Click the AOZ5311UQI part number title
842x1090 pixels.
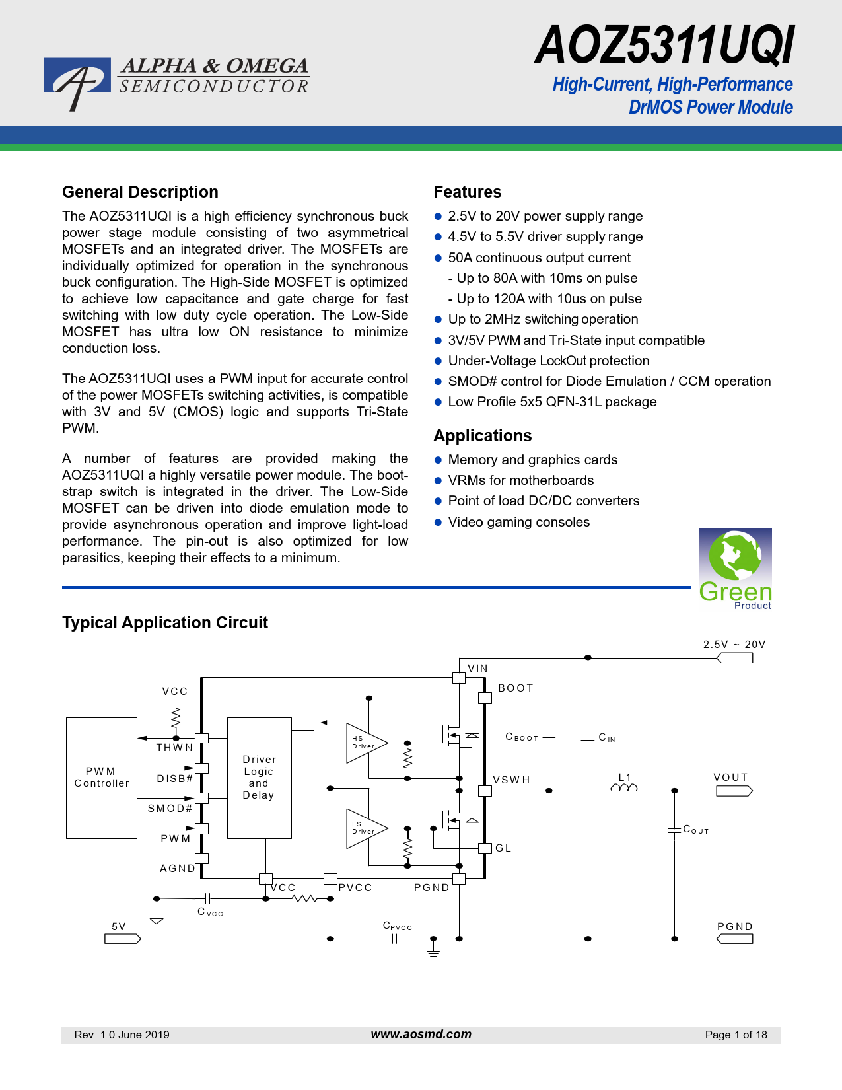(664, 46)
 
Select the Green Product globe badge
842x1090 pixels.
(735, 568)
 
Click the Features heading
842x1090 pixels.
(467, 192)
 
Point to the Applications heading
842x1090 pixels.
(482, 436)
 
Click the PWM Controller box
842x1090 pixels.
(102, 778)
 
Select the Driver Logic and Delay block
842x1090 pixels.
(259, 778)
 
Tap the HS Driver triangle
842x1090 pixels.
(365, 743)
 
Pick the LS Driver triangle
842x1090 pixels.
(365, 828)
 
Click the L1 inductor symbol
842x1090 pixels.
(624, 787)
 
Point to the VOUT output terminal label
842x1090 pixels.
(730, 778)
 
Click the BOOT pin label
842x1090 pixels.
(515, 688)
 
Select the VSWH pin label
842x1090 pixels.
(511, 780)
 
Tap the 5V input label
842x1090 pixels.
(119, 927)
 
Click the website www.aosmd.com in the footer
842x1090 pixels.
(421, 1035)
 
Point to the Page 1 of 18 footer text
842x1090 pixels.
(736, 1035)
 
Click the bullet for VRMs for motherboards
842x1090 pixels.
(438, 481)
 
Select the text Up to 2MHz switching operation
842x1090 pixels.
(543, 320)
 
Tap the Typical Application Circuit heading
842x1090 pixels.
(165, 623)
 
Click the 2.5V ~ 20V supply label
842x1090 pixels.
(734, 645)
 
